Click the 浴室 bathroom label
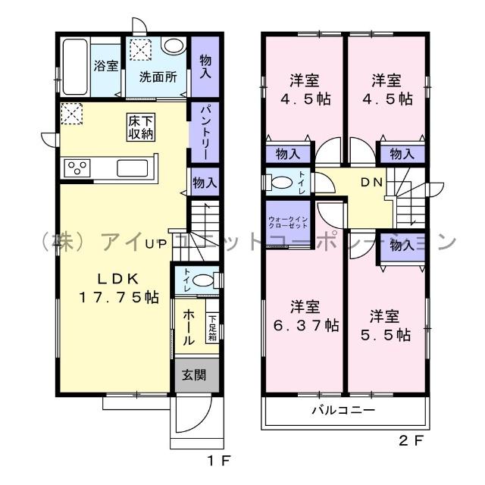click(x=105, y=66)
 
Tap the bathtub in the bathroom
click(x=74, y=65)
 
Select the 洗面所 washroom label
click(x=157, y=77)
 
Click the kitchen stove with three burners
click(x=78, y=167)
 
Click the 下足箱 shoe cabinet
click(x=213, y=327)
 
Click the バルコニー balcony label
click(x=343, y=411)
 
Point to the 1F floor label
click(x=214, y=460)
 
